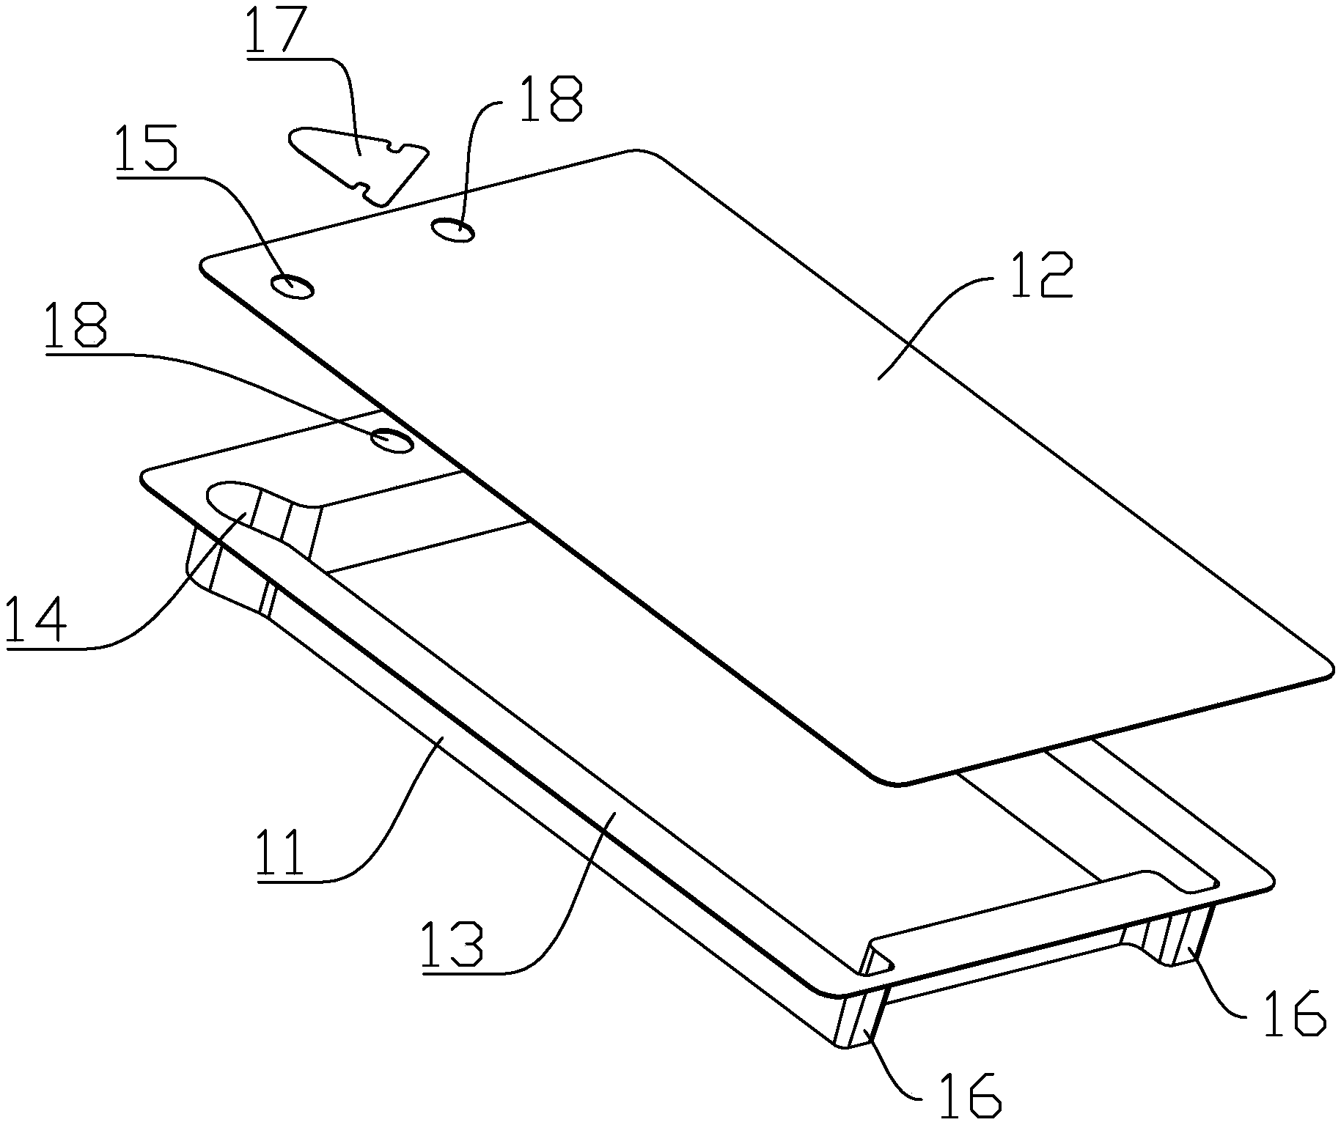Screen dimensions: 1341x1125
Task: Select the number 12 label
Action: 1042,275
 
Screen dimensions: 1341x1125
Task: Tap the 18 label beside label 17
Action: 549,99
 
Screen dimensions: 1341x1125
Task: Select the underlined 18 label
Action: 76,326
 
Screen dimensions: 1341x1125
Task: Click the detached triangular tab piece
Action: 358,163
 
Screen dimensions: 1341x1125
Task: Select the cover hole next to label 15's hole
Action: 454,230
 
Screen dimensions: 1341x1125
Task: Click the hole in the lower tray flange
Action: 392,440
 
